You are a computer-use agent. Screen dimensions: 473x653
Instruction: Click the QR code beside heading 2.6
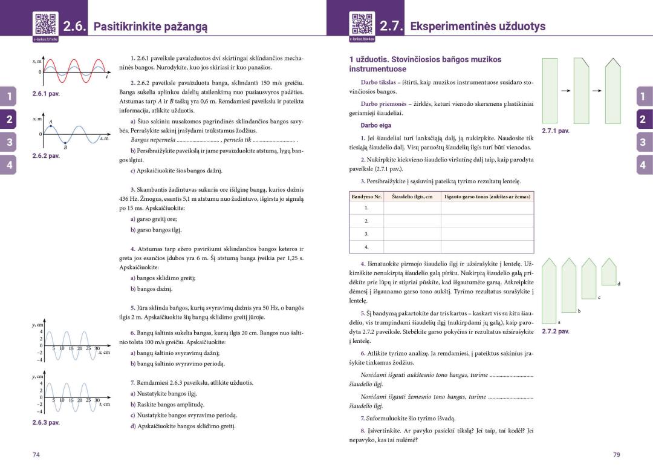(x=45, y=24)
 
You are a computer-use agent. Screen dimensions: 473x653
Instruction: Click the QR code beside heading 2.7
(x=362, y=24)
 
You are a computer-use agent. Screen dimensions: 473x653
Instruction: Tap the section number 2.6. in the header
(x=75, y=27)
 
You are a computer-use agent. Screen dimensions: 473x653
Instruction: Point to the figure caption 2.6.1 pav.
(x=46, y=94)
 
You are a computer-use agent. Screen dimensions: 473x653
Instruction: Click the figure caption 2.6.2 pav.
(x=46, y=155)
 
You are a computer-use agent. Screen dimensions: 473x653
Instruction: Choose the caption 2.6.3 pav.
(x=46, y=422)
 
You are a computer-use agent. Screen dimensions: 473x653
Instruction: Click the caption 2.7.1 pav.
(x=556, y=131)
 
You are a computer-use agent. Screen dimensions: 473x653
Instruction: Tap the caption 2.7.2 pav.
(x=556, y=331)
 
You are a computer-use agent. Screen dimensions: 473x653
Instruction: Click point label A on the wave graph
(x=51, y=122)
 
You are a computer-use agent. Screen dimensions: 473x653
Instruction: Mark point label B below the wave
(x=65, y=148)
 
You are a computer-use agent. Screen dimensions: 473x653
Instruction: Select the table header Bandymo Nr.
(x=367, y=197)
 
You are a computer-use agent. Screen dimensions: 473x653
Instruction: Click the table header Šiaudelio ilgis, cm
(x=412, y=197)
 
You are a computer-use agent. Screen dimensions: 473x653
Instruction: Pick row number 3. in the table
(x=366, y=233)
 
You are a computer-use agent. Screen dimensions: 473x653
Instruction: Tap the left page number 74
(x=36, y=455)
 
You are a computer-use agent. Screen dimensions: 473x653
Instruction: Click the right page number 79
(x=617, y=455)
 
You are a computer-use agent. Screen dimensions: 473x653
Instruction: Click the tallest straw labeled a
(x=549, y=290)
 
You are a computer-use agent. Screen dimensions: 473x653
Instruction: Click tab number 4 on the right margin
(x=642, y=165)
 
